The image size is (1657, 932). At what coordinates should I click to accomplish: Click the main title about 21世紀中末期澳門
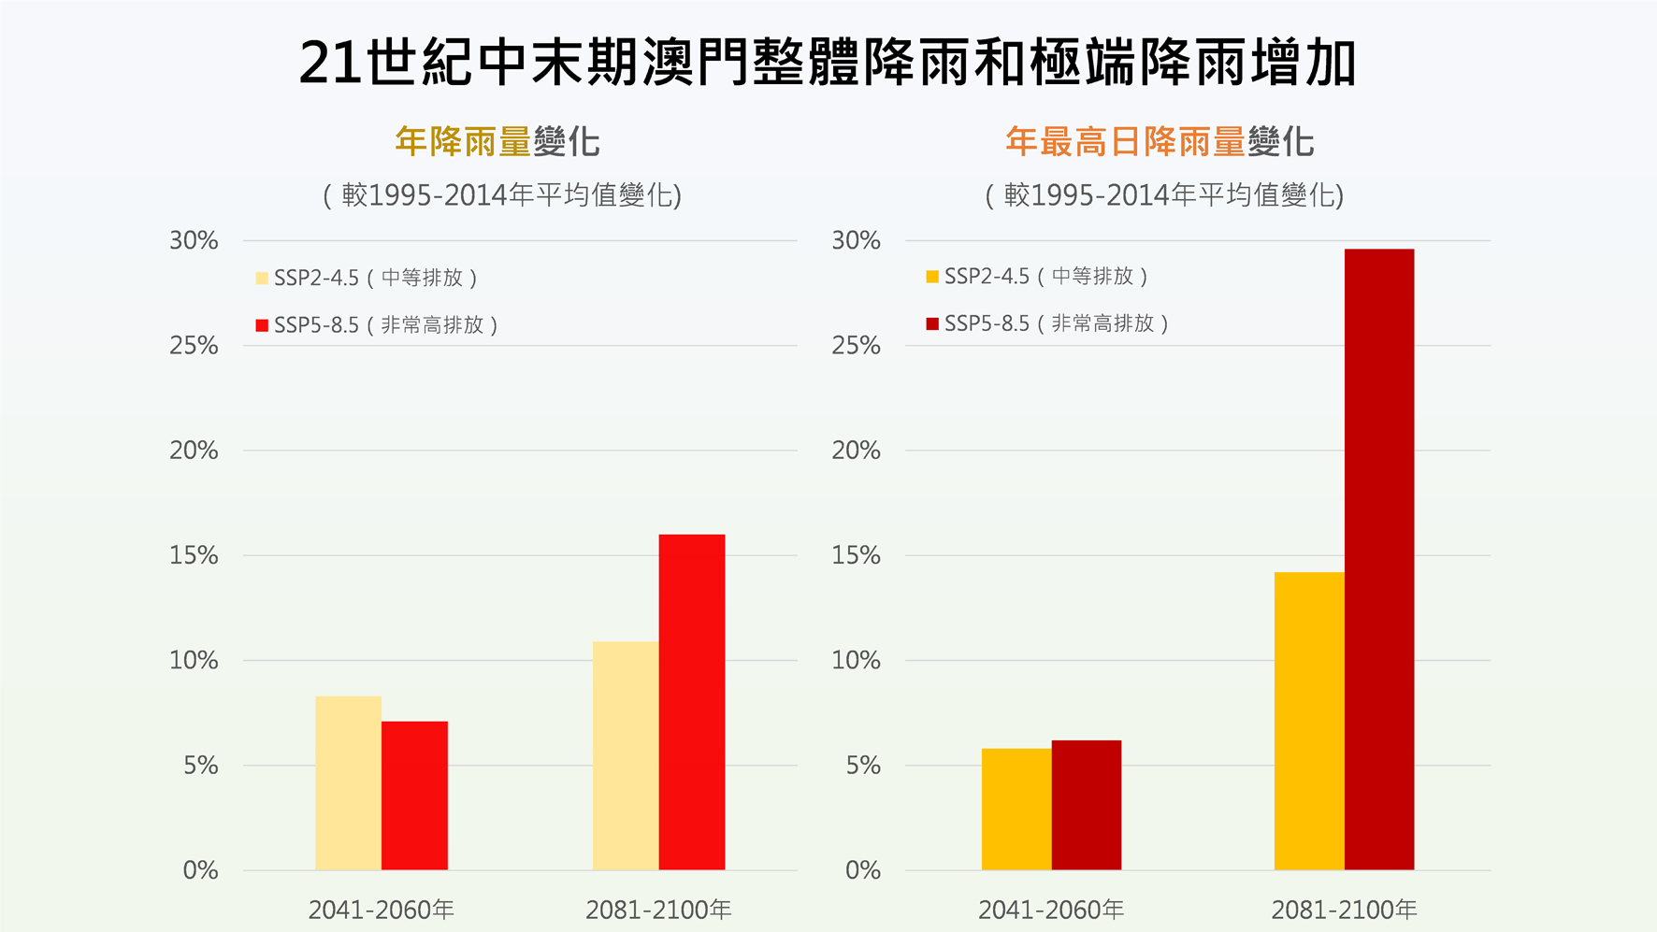(828, 64)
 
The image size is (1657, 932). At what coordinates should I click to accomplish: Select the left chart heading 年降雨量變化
(497, 142)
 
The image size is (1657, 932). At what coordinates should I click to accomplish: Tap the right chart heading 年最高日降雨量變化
(1160, 142)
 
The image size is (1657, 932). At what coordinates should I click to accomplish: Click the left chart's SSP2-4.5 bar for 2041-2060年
(348, 783)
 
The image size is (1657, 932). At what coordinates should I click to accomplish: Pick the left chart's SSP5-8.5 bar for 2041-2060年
(414, 796)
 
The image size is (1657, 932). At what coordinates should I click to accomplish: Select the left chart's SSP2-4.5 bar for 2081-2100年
(626, 755)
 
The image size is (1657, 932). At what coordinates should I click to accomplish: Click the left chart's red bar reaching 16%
(692, 702)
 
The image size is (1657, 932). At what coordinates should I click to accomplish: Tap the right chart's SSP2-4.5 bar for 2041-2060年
(1016, 810)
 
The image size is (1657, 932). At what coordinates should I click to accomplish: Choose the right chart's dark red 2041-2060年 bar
(1087, 805)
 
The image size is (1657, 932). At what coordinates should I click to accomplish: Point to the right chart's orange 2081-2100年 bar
(1309, 721)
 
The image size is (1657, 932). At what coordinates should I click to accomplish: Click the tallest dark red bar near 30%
(1379, 559)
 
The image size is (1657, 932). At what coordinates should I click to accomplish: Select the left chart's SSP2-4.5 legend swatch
(262, 278)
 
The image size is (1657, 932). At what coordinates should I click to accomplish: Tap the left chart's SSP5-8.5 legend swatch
(262, 325)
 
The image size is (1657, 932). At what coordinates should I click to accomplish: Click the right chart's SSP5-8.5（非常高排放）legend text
(1057, 323)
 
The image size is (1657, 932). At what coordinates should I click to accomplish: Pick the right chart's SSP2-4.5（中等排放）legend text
(1045, 276)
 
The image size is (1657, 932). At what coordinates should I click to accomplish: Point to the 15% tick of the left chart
(194, 555)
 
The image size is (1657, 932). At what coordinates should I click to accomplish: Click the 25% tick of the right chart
(856, 346)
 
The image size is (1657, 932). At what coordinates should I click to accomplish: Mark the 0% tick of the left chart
(200, 870)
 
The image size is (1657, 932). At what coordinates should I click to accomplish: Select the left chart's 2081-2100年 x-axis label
(658, 910)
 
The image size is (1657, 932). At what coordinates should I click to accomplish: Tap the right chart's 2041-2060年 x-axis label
(1051, 910)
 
